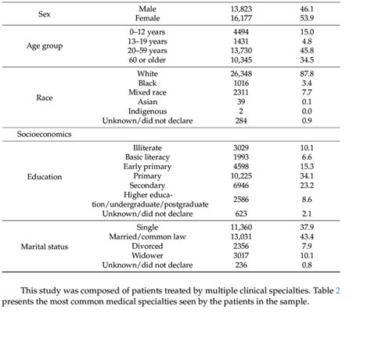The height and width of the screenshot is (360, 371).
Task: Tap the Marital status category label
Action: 45,247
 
